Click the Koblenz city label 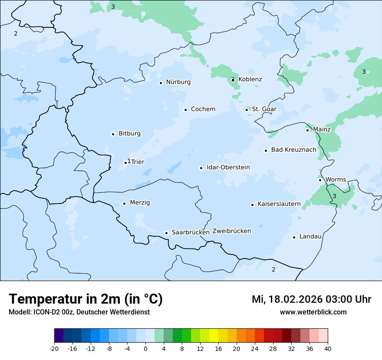click(250, 79)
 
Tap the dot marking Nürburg click(161, 83)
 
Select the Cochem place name click(203, 109)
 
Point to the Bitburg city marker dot click(113, 134)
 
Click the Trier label click(138, 162)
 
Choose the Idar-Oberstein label click(228, 167)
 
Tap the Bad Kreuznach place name click(294, 150)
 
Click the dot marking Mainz click(307, 130)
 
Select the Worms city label click(336, 180)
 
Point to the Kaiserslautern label click(279, 204)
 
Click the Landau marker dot click(294, 237)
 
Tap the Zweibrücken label click(232, 231)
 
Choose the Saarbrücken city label click(191, 232)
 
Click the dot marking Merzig click(124, 203)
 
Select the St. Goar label click(264, 109)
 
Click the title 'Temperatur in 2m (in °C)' click(86, 299)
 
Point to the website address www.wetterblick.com click(313, 312)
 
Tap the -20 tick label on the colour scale click(54, 348)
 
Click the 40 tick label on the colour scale click(328, 348)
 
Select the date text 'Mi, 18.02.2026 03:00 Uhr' click(311, 299)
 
